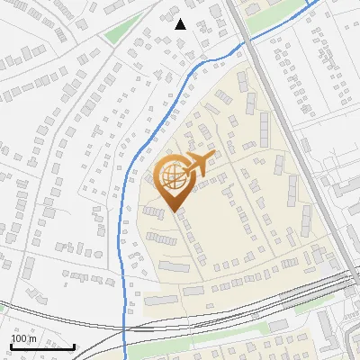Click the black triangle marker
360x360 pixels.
[180, 24]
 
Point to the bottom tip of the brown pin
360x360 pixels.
[173, 211]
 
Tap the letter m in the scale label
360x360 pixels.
[33, 338]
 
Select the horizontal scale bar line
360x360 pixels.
[42, 347]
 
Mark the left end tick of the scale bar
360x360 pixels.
[11, 346]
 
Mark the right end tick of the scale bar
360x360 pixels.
[74, 346]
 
